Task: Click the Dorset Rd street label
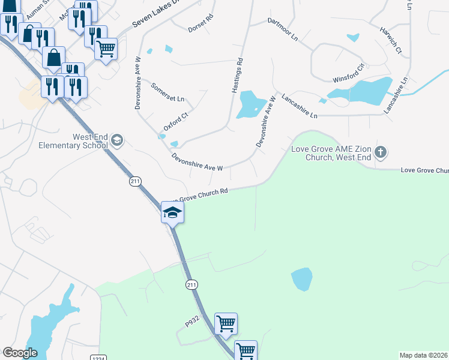coord(201,23)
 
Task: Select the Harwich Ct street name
coord(390,40)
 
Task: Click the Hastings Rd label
coord(237,75)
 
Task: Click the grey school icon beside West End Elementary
coord(117,141)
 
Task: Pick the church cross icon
coord(380,152)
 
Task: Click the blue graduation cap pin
coord(172,212)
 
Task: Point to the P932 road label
coord(191,323)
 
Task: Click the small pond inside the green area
coord(302,279)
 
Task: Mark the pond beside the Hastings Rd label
coord(250,105)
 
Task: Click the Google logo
coord(20,353)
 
